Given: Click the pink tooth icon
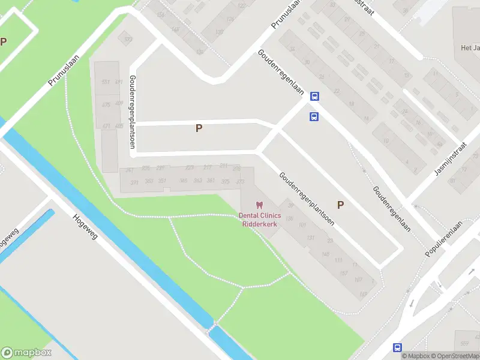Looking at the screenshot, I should click(259, 205).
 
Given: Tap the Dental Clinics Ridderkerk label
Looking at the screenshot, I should click(259, 220).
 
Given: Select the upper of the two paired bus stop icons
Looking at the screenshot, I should click(314, 96).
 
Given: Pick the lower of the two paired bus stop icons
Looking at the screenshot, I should click(313, 116).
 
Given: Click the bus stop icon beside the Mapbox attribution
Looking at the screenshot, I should click(397, 347).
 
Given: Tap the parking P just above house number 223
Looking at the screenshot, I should click(199, 128).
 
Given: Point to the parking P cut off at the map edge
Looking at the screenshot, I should click(4, 41).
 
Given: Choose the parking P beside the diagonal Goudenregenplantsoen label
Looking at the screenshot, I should click(340, 205).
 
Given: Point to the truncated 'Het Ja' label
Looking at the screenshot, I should click(470, 47).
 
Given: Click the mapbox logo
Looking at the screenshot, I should click(26, 352).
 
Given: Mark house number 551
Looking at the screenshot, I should click(106, 82).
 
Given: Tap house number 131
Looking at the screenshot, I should click(310, 238).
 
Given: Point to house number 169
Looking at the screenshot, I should click(363, 294).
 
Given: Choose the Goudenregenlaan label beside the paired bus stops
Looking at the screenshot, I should click(281, 71).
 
